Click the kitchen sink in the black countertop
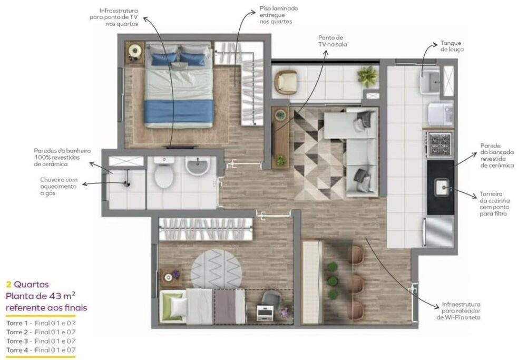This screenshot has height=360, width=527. [442, 186]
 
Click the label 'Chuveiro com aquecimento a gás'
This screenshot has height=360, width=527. [58, 186]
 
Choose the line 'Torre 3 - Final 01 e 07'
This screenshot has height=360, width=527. [41, 341]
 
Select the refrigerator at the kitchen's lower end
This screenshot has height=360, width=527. [439, 232]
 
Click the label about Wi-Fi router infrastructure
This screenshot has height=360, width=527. [462, 311]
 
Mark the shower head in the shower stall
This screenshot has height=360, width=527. [126, 182]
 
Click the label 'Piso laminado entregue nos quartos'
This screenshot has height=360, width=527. [278, 16]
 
